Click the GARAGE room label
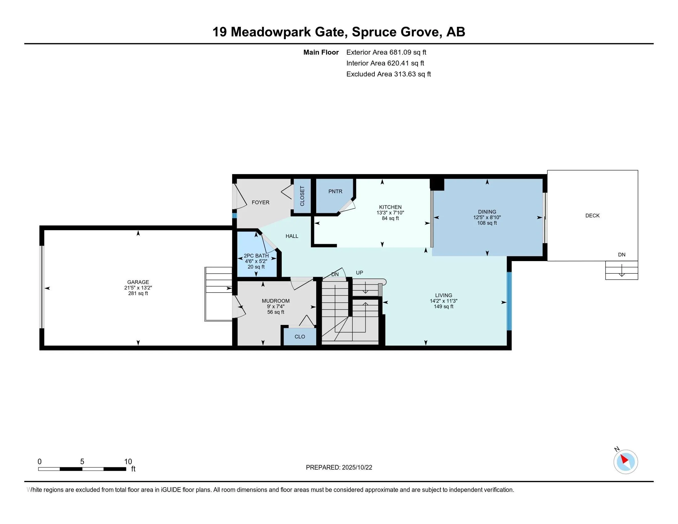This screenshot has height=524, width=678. coord(138,282)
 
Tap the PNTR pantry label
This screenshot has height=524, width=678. coord(335,191)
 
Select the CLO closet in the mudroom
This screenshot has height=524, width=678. coord(300,337)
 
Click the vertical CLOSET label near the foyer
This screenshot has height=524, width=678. coord(302,196)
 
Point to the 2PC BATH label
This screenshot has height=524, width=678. coord(256,256)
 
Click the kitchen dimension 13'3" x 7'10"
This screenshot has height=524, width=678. coord(390,213)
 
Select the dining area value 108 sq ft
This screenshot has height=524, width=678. coord(487,223)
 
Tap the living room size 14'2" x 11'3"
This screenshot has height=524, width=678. coord(443,301)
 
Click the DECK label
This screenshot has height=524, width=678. coord(592,215)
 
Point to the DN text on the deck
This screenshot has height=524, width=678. coord(622,255)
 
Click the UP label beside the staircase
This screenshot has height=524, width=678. coord(359,272)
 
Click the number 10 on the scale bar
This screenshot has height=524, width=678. coord(128,462)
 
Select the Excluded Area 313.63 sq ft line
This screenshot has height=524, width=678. coord(388,74)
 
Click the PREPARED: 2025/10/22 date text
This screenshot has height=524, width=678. coord(339,468)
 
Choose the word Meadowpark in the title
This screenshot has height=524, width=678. coord(270,32)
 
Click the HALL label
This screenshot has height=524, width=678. coord(292,236)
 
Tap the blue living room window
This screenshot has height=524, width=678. coord(508,301)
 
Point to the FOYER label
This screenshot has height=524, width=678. coord(260,203)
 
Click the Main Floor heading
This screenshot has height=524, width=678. coord(321,52)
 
